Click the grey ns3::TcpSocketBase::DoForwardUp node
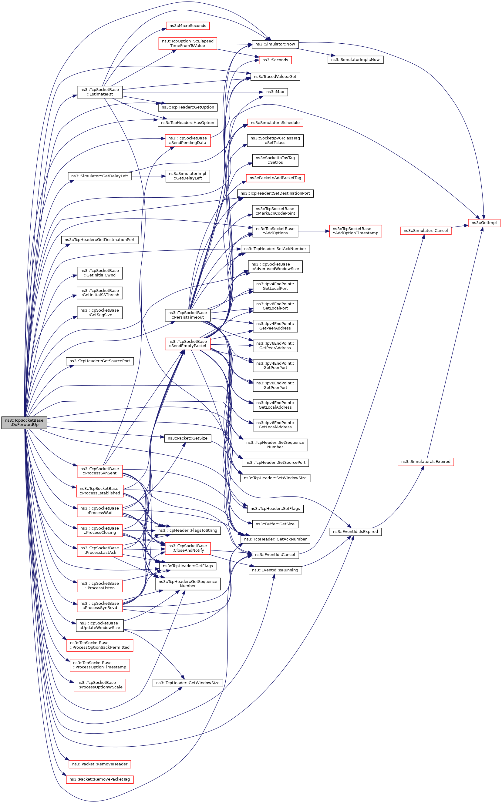coord(24,422)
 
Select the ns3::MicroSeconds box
coord(187,25)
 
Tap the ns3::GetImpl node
coord(484,222)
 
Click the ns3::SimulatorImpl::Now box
coord(355,60)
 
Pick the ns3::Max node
coord(275,92)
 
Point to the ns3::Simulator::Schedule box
coord(275,123)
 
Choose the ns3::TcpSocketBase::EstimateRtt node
coord(99,92)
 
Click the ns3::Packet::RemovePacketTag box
coord(99,779)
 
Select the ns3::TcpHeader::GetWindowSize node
coord(187,683)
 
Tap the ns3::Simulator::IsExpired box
coord(426,462)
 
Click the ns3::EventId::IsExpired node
coord(355,532)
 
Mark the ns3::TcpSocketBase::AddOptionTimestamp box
coord(355,231)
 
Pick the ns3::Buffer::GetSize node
coord(275,524)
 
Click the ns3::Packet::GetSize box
coord(187,438)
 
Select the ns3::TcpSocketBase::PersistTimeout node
coord(187,315)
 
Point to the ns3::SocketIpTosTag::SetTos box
coord(275,160)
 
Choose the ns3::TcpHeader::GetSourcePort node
coord(99,361)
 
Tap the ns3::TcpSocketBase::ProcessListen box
coord(99,586)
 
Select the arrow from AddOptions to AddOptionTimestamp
coord(313,231)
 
